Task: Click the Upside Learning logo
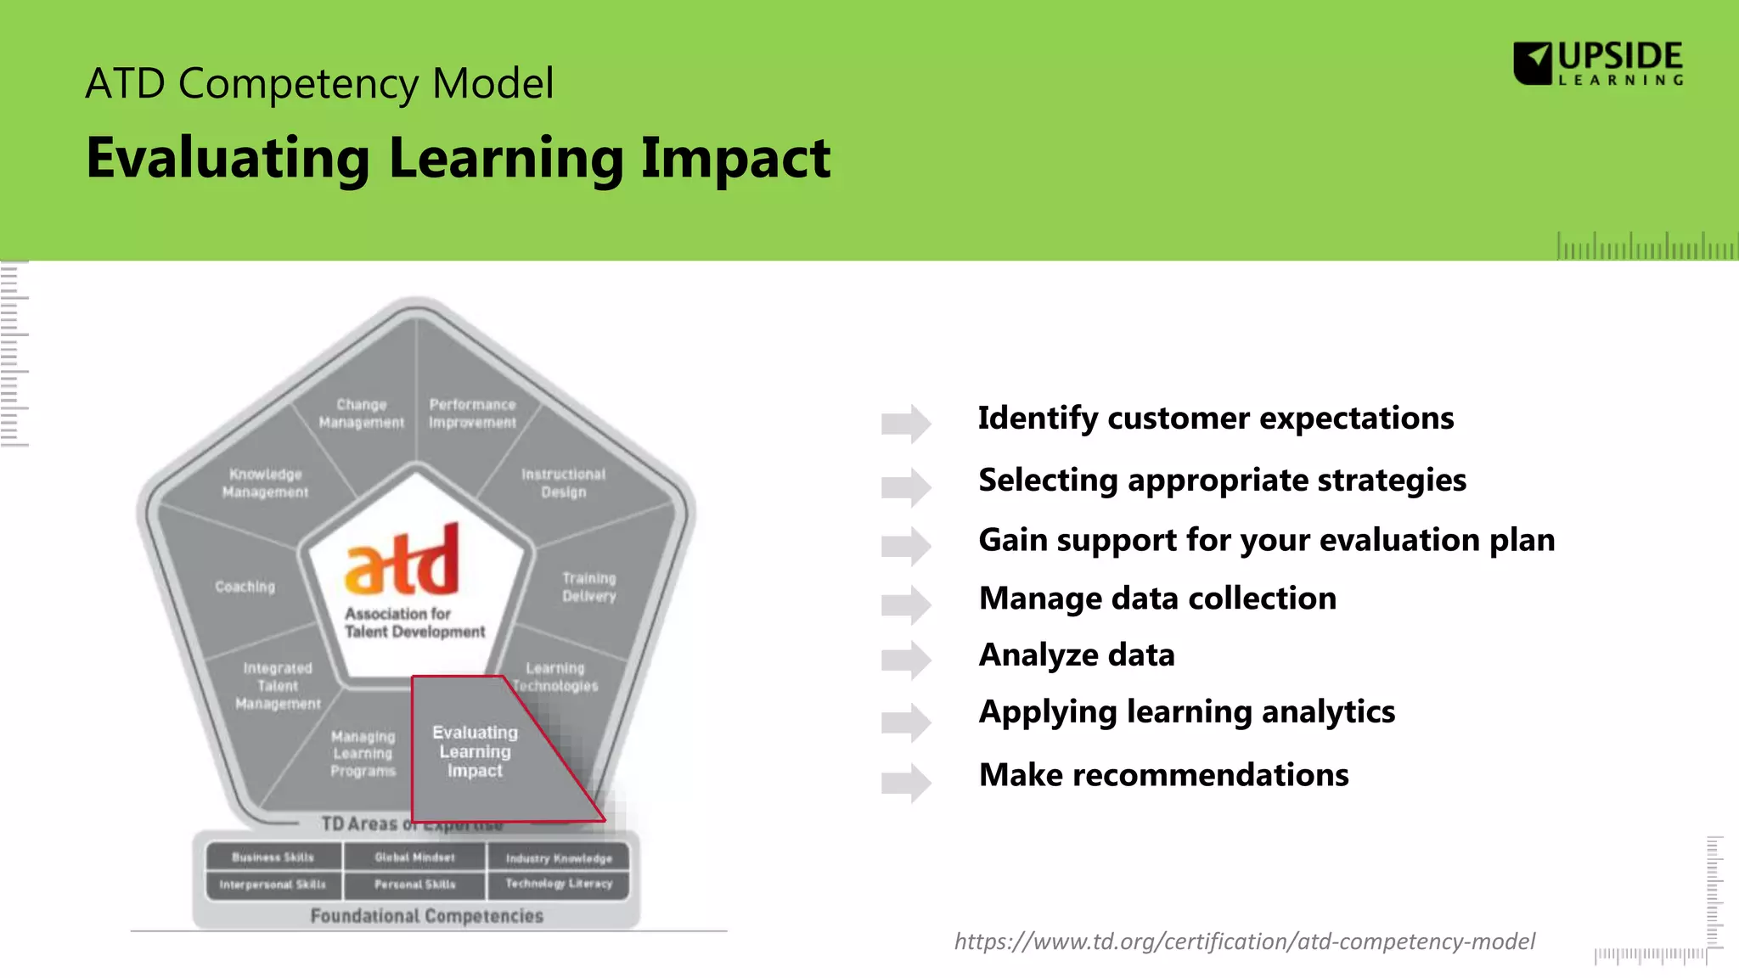[1598, 64]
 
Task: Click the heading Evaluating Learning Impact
[458, 158]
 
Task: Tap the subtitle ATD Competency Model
[319, 84]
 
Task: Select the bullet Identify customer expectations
[1215, 419]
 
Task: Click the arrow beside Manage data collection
[906, 604]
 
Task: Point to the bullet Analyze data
[1076, 655]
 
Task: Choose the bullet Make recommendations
[1163, 775]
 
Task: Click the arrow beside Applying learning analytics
[906, 722]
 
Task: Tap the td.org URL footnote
[1244, 941]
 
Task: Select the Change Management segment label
[362, 413]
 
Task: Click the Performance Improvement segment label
[472, 413]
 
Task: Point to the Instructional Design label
[563, 483]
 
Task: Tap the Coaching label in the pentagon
[245, 587]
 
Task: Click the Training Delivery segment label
[588, 587]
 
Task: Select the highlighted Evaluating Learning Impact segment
[476, 751]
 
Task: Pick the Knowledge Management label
[265, 483]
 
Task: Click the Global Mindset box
[414, 857]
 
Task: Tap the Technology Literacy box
[559, 884]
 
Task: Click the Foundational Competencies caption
[426, 916]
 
